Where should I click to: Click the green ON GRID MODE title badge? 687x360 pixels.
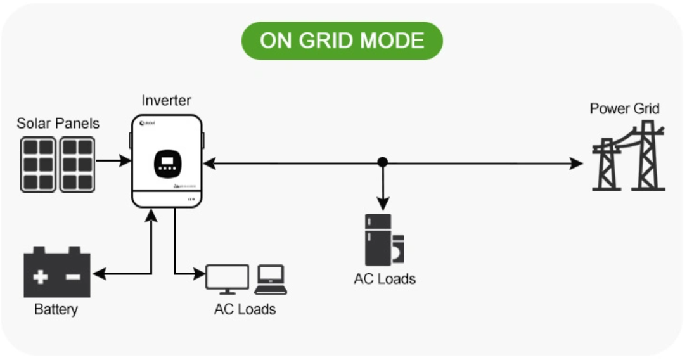click(342, 41)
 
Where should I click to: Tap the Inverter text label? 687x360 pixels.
click(166, 100)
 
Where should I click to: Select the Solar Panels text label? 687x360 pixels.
click(58, 123)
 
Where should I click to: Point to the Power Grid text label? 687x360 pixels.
click(624, 108)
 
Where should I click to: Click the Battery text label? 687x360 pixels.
click(56, 310)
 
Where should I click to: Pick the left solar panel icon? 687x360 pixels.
click(38, 164)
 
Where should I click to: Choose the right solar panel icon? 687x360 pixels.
click(78, 164)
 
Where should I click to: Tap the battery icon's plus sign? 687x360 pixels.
click(41, 276)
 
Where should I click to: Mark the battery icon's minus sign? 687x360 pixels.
click(73, 276)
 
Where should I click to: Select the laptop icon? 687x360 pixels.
click(271, 280)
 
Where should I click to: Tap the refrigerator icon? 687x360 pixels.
click(378, 240)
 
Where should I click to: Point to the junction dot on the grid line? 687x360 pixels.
click(382, 162)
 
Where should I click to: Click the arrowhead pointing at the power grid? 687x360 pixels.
click(577, 164)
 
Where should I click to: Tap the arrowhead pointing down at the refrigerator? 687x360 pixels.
click(382, 203)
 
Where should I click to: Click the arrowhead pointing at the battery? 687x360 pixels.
click(99, 274)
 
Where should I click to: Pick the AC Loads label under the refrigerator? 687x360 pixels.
click(385, 279)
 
